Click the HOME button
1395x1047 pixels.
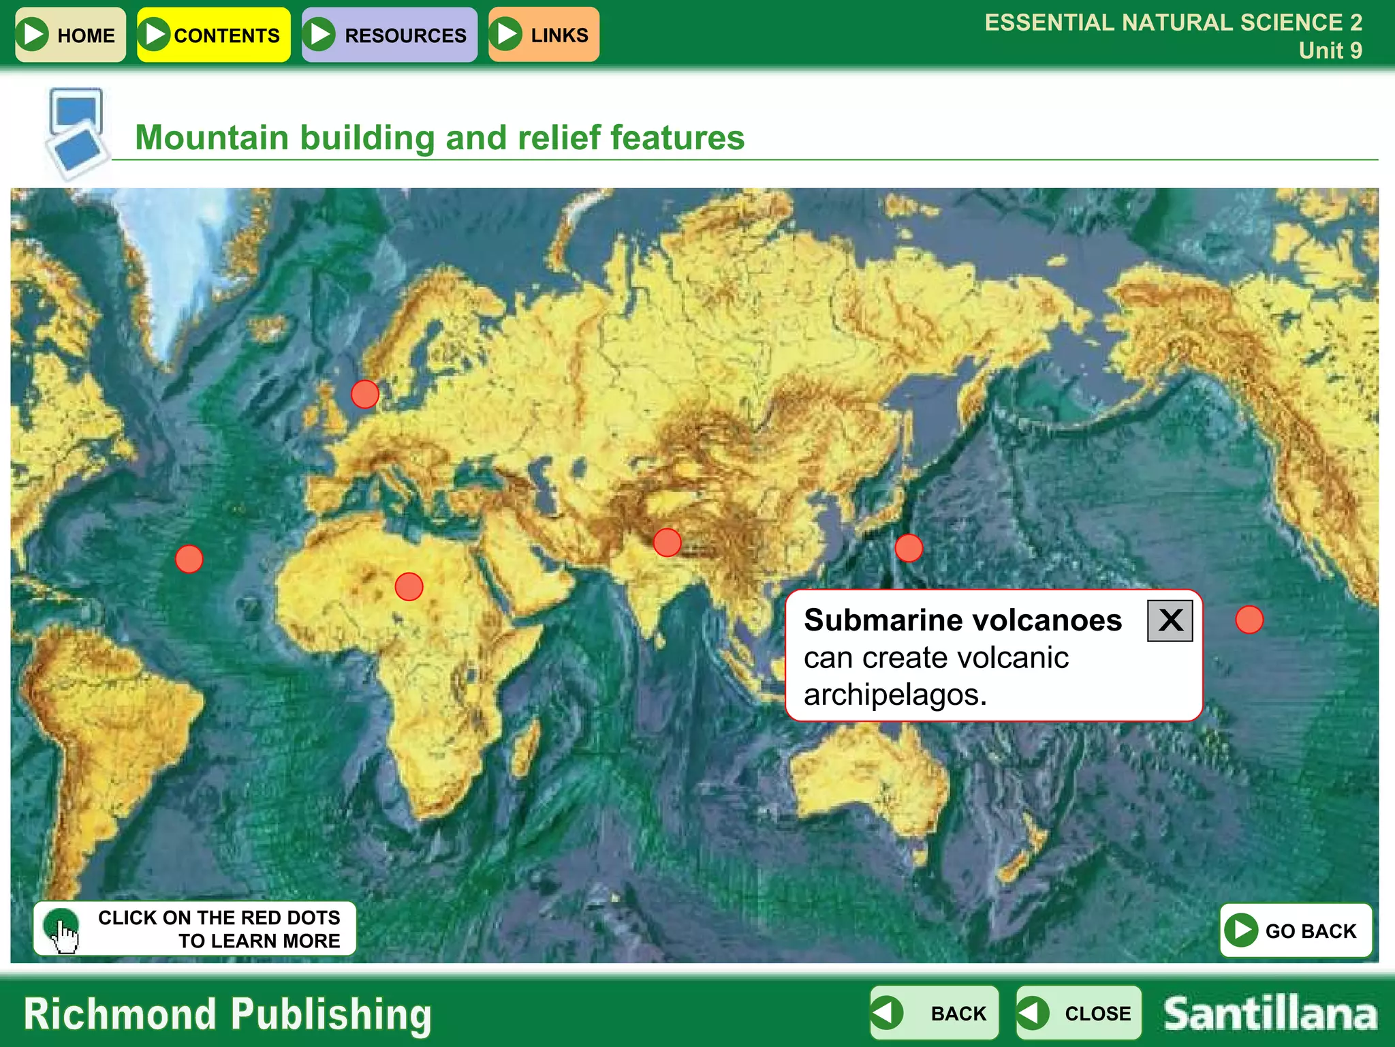[x=70, y=35]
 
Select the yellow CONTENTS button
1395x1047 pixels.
[x=214, y=35]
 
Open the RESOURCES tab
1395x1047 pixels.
[x=389, y=35]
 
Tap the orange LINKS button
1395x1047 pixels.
[x=544, y=35]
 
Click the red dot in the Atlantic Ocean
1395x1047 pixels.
[x=189, y=559]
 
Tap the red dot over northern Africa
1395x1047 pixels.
[x=409, y=586]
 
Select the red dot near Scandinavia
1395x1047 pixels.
[x=365, y=394]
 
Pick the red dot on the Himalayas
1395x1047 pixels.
[x=667, y=543]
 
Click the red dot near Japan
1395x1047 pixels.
[x=909, y=548]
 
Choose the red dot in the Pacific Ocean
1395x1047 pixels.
[x=1249, y=620]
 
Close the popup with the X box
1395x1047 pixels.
[x=1170, y=620]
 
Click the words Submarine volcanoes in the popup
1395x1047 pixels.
[x=962, y=620]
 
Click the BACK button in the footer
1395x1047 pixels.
[x=935, y=1013]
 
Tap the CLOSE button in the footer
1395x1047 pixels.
[x=1078, y=1013]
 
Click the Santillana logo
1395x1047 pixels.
[x=1270, y=1014]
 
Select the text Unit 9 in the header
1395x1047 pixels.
[x=1330, y=50]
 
